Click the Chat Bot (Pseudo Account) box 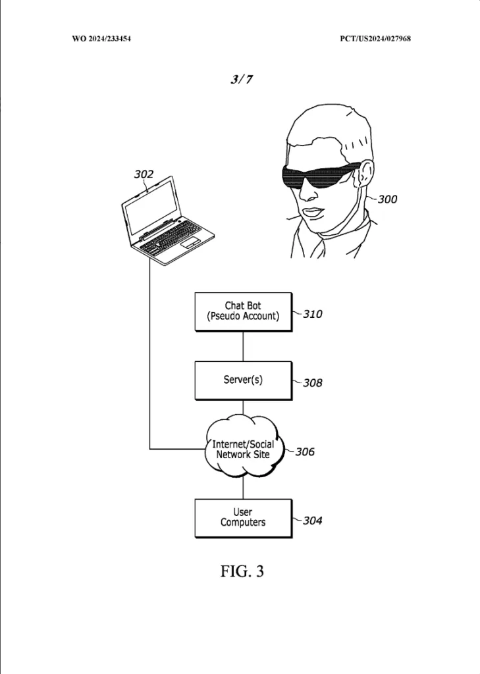click(x=244, y=312)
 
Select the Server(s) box click(x=244, y=381)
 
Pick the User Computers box click(x=244, y=519)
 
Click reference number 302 click(x=144, y=174)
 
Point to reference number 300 click(x=388, y=199)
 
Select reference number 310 click(x=313, y=314)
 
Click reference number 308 click(x=313, y=383)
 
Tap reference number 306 click(x=305, y=452)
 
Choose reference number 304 click(x=313, y=521)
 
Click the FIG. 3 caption click(x=242, y=571)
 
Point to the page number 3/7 click(x=242, y=79)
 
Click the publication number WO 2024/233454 click(x=101, y=39)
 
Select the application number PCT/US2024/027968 click(x=375, y=39)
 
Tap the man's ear click(x=364, y=173)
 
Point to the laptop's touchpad click(x=190, y=243)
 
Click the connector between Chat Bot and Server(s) click(x=244, y=346)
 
